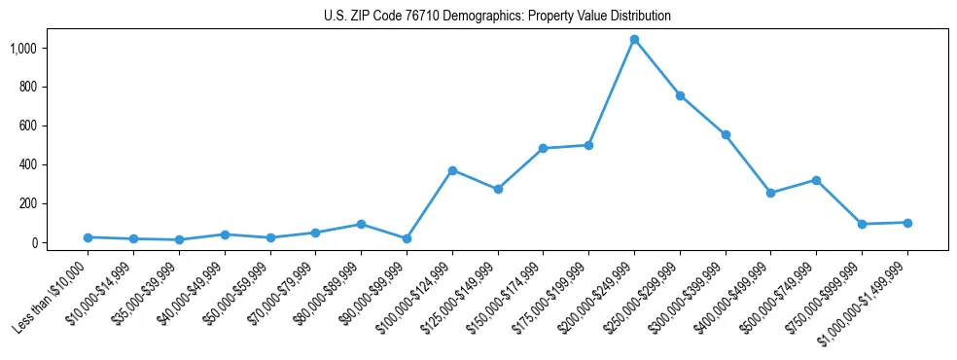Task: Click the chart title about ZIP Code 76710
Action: point(497,17)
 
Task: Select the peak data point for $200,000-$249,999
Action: point(634,40)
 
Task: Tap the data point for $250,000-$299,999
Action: point(680,95)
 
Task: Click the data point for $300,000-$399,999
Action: point(726,134)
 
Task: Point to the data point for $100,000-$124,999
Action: point(452,170)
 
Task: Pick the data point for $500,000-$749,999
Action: point(816,180)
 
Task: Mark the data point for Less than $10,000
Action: point(88,237)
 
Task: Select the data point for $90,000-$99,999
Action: point(407,238)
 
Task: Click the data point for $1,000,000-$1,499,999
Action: point(907,223)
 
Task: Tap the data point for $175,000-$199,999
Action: point(588,145)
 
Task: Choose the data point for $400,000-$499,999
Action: point(770,193)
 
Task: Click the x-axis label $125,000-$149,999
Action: point(463,297)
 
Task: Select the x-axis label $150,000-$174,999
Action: point(509,297)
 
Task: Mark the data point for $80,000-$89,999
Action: point(361,224)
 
